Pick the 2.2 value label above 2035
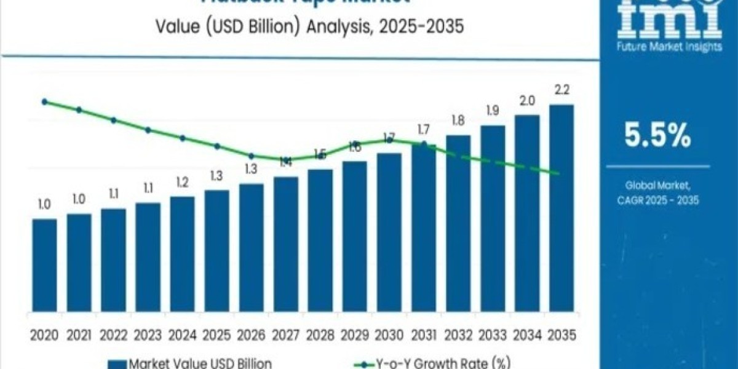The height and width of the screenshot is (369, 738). (561, 90)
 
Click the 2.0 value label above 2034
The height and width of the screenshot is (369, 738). (527, 100)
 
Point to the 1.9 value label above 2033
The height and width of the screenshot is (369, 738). (493, 111)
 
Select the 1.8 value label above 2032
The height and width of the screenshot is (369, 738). (458, 121)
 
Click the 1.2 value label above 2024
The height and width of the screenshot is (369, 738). (182, 182)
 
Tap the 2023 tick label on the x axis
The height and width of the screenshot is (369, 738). (148, 335)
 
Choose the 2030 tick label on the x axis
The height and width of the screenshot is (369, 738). (389, 335)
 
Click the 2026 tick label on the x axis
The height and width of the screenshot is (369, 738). (251, 335)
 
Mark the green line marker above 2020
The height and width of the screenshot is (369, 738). (44, 101)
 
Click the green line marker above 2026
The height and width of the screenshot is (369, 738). (251, 156)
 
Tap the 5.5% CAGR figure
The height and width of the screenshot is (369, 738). (657, 137)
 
